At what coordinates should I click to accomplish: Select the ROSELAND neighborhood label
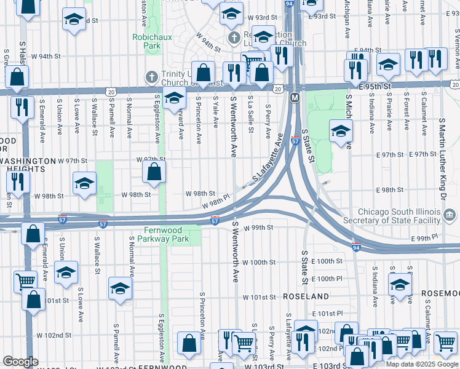pos(306,296)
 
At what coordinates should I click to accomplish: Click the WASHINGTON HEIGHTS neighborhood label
pos(26,165)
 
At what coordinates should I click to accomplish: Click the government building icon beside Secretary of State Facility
pos(450,215)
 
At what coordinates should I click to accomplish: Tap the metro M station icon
pos(295,98)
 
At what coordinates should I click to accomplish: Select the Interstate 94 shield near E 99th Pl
pos(357,247)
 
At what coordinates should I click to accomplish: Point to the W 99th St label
pos(258,228)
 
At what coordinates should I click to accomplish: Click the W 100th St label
pos(259,262)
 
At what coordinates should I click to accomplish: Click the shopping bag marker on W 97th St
pos(154,172)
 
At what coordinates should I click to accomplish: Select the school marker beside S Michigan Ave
pos(341,130)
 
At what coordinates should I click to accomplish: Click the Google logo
pos(20,362)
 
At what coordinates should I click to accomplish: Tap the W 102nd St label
pos(54,336)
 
